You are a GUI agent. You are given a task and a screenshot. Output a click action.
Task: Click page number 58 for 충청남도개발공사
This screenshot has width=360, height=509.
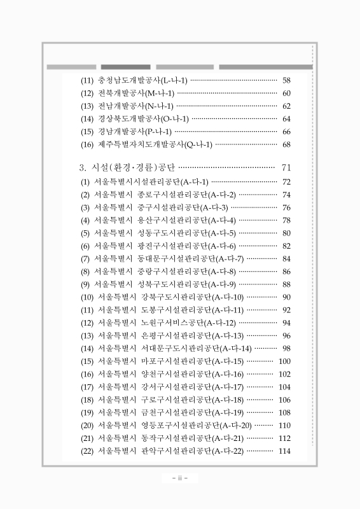click(286, 81)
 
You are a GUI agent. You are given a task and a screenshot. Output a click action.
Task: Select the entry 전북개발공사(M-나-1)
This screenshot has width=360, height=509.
click(136, 94)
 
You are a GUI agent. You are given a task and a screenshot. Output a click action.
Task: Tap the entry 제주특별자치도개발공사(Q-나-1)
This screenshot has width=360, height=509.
click(155, 144)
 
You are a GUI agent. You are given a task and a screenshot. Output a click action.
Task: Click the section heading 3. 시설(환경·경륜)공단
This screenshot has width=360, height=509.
click(126, 168)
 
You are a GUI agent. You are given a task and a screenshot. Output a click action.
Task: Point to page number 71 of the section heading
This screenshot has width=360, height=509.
click(286, 168)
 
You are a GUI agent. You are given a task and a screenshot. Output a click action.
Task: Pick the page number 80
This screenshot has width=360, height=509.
click(286, 233)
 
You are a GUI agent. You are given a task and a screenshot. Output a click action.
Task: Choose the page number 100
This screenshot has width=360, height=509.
click(284, 361)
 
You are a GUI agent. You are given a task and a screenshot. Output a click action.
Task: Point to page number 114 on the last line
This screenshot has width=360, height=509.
click(284, 451)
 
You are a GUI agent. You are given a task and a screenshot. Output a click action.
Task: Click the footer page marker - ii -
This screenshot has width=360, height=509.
click(180, 478)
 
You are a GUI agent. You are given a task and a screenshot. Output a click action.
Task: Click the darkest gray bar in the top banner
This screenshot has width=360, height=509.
click(126, 67)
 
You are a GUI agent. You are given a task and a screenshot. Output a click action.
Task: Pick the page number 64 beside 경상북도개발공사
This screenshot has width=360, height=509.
click(286, 119)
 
